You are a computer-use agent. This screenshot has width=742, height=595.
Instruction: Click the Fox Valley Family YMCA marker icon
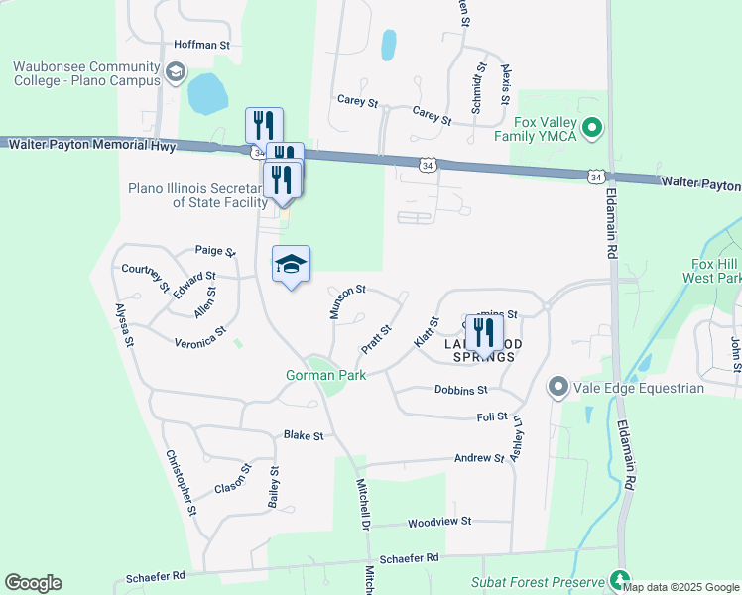(592, 127)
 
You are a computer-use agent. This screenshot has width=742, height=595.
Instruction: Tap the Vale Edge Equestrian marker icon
(557, 387)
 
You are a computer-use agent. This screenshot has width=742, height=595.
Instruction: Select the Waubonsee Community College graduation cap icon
(176, 72)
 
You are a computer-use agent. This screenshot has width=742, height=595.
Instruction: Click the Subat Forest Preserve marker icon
(620, 580)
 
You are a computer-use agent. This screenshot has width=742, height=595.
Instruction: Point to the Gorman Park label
(325, 375)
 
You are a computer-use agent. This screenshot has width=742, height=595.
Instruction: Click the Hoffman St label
(201, 45)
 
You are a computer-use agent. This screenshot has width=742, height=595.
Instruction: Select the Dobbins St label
(462, 390)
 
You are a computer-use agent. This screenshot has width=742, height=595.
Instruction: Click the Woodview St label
(438, 521)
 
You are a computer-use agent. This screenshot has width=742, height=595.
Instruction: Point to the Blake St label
(304, 435)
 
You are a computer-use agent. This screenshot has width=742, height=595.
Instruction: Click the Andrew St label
(479, 458)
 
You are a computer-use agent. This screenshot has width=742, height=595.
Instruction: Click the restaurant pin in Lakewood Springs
(484, 331)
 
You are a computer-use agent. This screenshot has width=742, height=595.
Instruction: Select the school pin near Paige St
(291, 265)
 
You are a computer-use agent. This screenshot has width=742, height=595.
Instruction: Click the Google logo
(33, 583)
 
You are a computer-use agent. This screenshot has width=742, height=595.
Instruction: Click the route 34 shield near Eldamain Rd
(595, 177)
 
